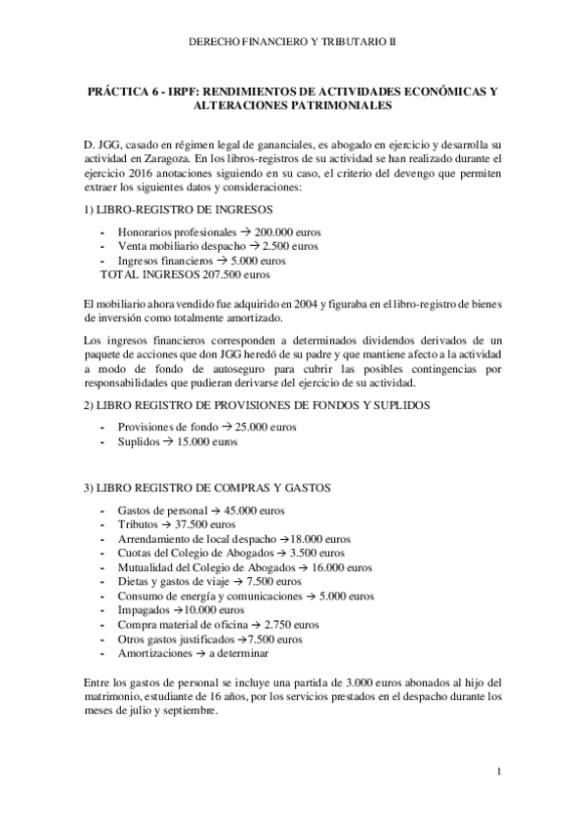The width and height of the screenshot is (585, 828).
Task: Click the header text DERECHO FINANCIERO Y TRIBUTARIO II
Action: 293,43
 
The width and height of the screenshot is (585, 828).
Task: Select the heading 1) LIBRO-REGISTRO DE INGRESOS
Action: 179,211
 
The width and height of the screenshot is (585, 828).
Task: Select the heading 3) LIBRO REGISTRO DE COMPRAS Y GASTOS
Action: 208,487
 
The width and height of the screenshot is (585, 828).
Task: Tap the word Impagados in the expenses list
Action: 145,609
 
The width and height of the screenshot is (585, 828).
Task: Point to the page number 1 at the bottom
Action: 498,773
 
